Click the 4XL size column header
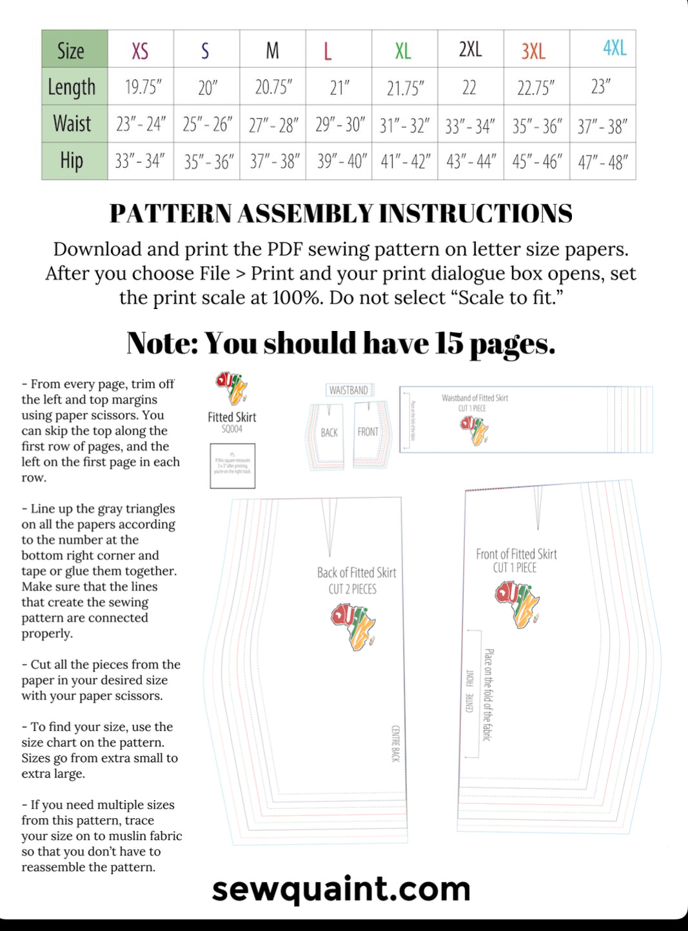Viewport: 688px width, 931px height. pyautogui.click(x=614, y=48)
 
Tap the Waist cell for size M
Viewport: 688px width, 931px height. pyautogui.click(x=273, y=124)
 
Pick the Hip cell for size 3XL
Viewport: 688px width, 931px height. pyautogui.click(x=536, y=161)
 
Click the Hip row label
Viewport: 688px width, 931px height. pyautogui.click(x=72, y=161)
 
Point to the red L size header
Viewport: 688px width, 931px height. pyautogui.click(x=328, y=50)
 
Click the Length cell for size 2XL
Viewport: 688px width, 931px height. pyautogui.click(x=469, y=86)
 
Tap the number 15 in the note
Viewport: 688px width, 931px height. pyautogui.click(x=448, y=343)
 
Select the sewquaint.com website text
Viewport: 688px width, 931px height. pyautogui.click(x=341, y=889)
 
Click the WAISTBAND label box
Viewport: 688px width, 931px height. pyautogui.click(x=349, y=390)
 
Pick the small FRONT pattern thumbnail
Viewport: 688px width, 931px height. pyautogui.click(x=370, y=434)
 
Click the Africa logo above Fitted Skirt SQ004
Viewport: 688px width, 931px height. pyautogui.click(x=231, y=388)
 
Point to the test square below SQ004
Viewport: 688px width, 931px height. pyautogui.click(x=232, y=465)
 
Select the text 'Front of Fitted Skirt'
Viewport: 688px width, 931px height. pyautogui.click(x=516, y=554)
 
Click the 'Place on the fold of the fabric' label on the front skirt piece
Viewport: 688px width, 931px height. pyautogui.click(x=488, y=694)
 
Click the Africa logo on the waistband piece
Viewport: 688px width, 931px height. pyautogui.click(x=474, y=430)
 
